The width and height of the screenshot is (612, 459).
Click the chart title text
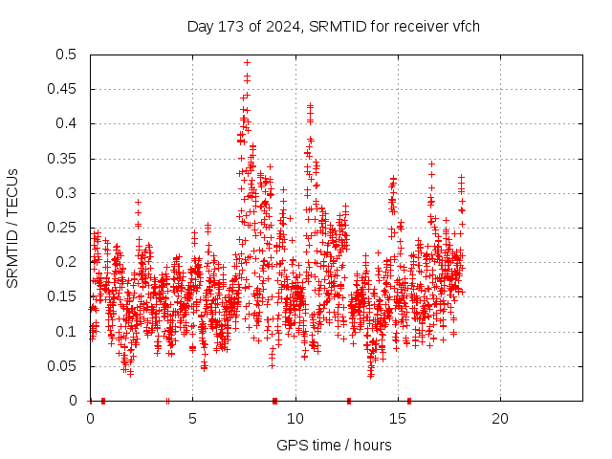point(334,26)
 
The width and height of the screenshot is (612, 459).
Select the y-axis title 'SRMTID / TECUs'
point(12,229)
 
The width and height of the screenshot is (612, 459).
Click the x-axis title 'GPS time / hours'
point(334,445)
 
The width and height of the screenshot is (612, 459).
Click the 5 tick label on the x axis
point(193,419)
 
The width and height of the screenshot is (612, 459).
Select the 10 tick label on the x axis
point(295,419)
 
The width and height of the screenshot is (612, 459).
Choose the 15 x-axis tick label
point(398,419)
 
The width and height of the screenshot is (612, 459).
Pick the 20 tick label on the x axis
point(500,419)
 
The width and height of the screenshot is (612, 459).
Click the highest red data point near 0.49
point(247,62)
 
